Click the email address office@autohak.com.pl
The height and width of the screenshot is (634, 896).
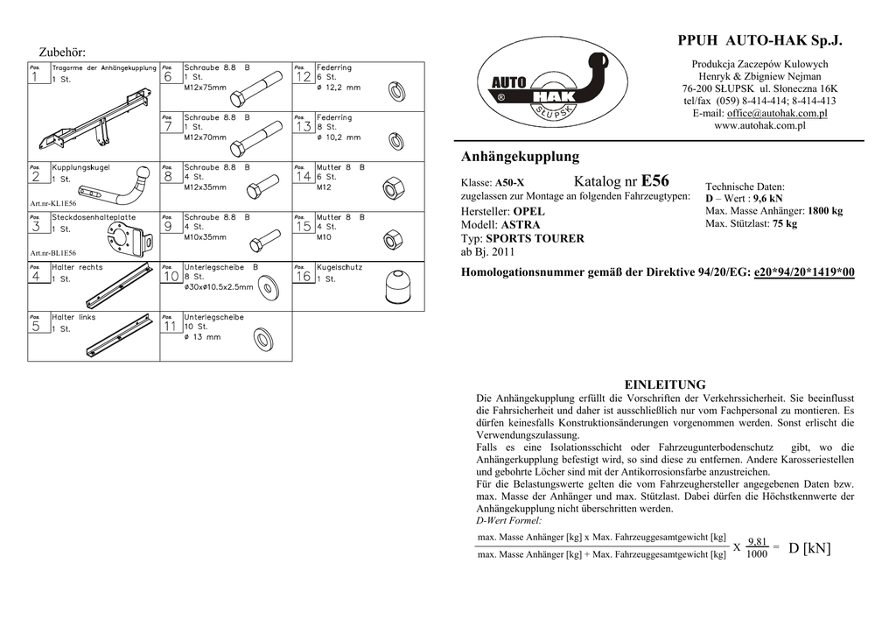click(777, 114)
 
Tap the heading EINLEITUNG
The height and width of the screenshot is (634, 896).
click(664, 384)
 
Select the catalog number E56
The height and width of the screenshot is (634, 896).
click(654, 181)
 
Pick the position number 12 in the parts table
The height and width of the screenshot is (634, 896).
click(303, 77)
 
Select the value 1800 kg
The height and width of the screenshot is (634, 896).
click(824, 211)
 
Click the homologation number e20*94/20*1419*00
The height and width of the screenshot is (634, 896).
click(803, 273)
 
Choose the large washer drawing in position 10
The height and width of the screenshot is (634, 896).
click(266, 286)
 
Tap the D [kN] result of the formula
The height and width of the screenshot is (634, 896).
click(808, 549)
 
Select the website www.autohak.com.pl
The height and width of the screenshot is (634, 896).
click(759, 126)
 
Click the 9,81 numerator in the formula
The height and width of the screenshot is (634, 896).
click(758, 542)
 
